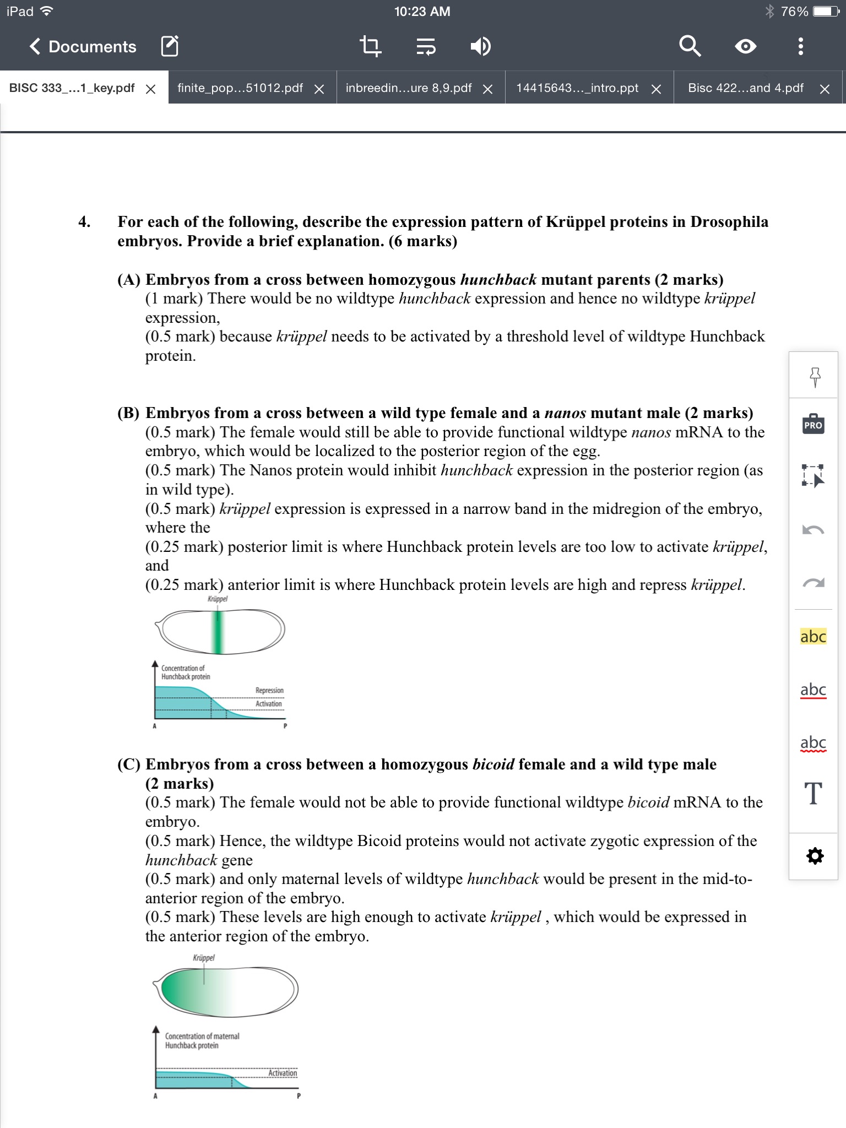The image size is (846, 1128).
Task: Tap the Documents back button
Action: [x=83, y=47]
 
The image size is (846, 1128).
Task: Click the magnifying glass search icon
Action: [x=690, y=47]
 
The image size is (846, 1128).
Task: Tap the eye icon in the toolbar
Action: [x=745, y=47]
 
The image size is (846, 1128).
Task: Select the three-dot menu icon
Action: [x=800, y=47]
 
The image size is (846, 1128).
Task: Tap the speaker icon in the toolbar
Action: [x=480, y=47]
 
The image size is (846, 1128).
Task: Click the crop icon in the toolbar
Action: [x=370, y=47]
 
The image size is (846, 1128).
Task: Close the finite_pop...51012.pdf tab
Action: [x=319, y=89]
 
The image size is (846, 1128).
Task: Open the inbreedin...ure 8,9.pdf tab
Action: [x=409, y=88]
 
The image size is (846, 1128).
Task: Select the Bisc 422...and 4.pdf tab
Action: [x=745, y=88]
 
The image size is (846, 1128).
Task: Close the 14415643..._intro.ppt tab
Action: [x=656, y=89]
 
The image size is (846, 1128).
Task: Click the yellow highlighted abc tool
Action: [x=813, y=637]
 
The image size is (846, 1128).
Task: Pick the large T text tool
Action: [x=813, y=794]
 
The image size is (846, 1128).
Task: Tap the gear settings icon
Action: [x=814, y=856]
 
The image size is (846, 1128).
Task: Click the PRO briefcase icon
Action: [x=813, y=425]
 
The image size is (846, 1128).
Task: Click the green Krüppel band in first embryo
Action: [x=218, y=632]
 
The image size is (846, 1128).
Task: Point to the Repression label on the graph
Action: [x=269, y=690]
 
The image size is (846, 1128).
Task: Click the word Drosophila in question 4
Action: [x=729, y=222]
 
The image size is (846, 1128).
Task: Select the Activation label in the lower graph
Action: [x=283, y=1073]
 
